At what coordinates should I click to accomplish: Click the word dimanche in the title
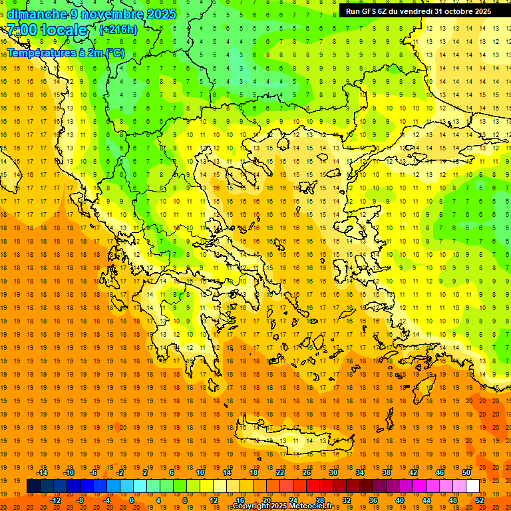[37, 14]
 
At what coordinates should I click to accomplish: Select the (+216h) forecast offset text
[118, 30]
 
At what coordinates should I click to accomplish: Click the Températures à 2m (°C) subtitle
[65, 53]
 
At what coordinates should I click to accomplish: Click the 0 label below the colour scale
[131, 500]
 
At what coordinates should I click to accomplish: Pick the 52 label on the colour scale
[480, 500]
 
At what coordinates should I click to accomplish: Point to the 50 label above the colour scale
[466, 472]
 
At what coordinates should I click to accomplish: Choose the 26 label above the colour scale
[307, 472]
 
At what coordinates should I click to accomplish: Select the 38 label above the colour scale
[387, 472]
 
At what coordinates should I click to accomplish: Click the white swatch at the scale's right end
[473, 486]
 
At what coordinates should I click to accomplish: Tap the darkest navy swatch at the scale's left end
[33, 486]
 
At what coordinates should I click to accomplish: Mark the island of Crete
[293, 439]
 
